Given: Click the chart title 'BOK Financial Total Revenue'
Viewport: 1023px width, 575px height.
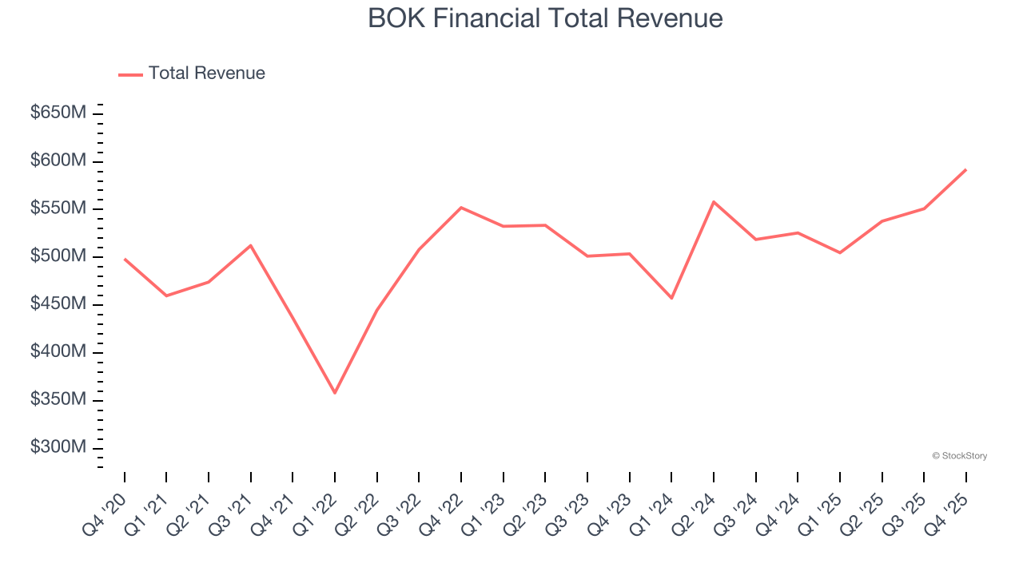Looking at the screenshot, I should coord(545,18).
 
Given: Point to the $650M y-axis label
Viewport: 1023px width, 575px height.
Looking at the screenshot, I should coord(58,113).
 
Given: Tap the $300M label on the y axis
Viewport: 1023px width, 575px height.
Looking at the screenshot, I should coord(58,447).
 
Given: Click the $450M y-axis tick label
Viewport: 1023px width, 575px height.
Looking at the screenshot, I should coord(58,304).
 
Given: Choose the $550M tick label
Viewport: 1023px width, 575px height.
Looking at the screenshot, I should coord(58,208).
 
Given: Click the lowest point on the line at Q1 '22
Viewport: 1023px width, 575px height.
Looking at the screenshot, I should coord(335,393).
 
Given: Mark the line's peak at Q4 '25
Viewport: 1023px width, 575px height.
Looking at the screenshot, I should coord(965,169).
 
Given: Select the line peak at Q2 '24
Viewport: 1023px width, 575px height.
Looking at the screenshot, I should coord(713,201).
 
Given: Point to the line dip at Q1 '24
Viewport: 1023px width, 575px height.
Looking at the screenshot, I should coord(671,299).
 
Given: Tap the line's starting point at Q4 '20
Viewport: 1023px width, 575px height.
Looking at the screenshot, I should coord(125,259).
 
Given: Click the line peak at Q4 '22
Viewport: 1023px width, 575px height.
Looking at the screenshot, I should coord(461,208).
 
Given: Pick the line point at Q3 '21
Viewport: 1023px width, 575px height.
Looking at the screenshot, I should coord(251,245).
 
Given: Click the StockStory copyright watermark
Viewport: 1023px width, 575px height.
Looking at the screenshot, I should coord(960,456).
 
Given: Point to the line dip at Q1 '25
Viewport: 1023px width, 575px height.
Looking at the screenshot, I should coord(839,253).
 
